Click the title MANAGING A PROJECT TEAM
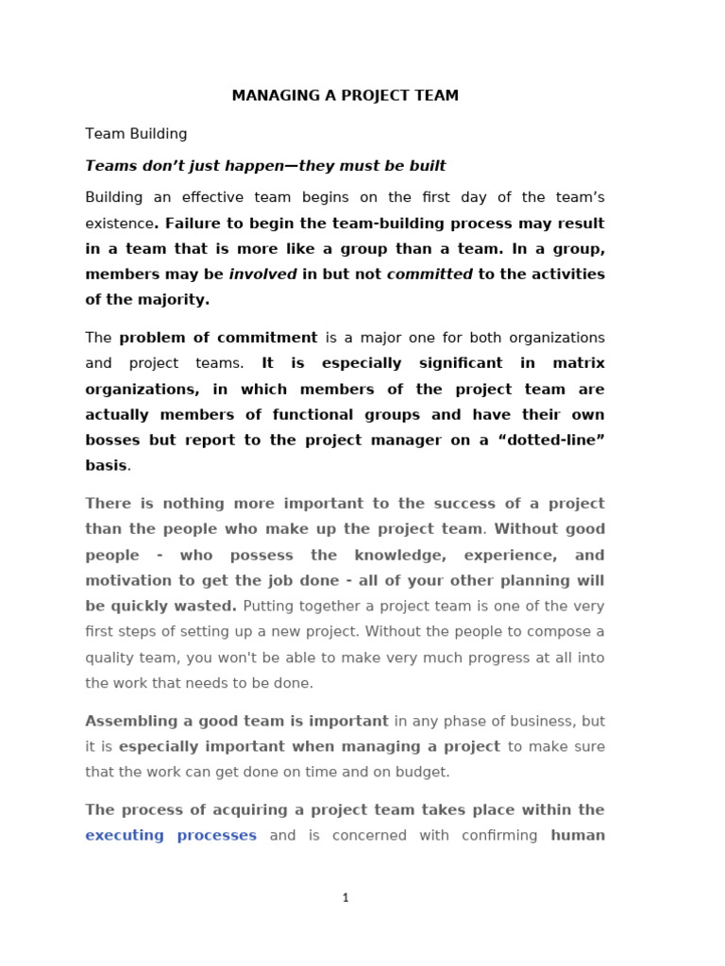pyautogui.click(x=346, y=96)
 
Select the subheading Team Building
pyautogui.click(x=136, y=134)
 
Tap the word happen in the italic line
pyautogui.click(x=250, y=166)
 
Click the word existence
pyautogui.click(x=119, y=224)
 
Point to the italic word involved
pyautogui.click(x=262, y=275)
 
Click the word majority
pyautogui.click(x=177, y=300)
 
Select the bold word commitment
pyautogui.click(x=267, y=338)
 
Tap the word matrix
pyautogui.click(x=578, y=363)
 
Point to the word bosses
pyautogui.click(x=111, y=440)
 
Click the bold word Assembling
pyautogui.click(x=127, y=721)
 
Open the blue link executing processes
pyautogui.click(x=171, y=835)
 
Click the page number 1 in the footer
pyautogui.click(x=346, y=898)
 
